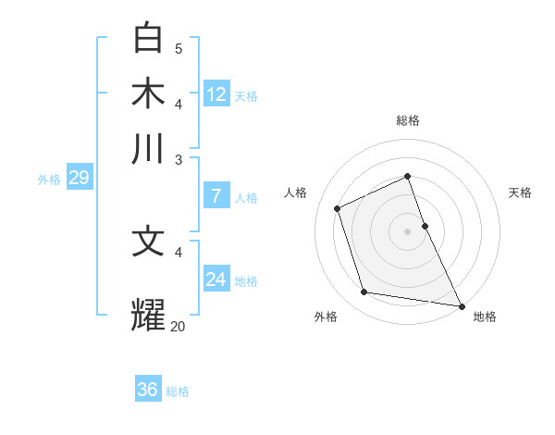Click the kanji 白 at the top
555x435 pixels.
[x=148, y=39]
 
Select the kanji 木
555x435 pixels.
[x=148, y=94]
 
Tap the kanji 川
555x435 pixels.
[x=148, y=149]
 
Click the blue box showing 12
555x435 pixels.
[x=216, y=94]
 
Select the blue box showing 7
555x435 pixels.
[x=216, y=195]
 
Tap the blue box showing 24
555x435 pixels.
[x=216, y=280]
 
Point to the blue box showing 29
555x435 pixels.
[x=79, y=178]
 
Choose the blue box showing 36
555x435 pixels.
[x=148, y=390]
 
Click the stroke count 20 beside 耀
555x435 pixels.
[x=179, y=326]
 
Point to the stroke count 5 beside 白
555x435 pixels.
[x=179, y=48]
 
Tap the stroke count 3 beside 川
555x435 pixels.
[x=179, y=159]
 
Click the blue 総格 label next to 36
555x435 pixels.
[x=178, y=391]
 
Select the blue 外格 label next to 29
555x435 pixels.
[x=48, y=180]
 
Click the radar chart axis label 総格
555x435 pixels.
[x=407, y=121]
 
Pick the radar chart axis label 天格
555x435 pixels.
[x=520, y=193]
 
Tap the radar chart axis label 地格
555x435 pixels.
[x=485, y=317]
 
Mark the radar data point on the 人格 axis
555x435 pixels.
[x=338, y=208]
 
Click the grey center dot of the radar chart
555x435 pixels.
[x=407, y=231]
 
